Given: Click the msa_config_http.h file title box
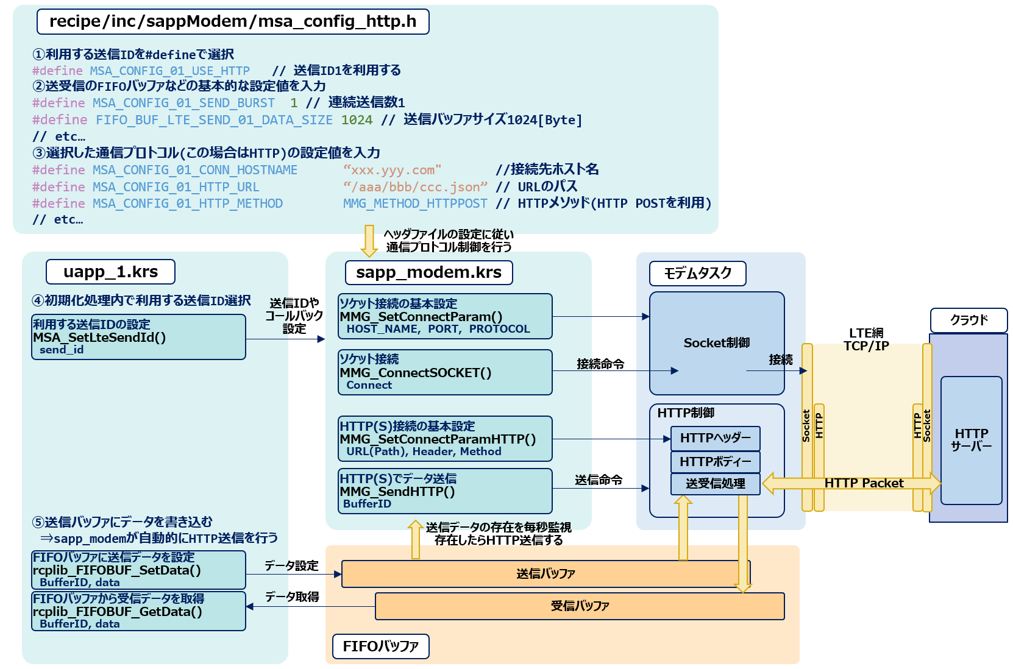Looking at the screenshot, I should (233, 21).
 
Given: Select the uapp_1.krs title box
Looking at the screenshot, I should (110, 272).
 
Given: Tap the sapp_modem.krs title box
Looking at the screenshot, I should (428, 272).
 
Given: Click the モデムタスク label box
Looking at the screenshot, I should (697, 273).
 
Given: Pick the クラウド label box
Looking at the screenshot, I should (969, 320).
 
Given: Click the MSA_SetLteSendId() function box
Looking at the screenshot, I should (138, 337).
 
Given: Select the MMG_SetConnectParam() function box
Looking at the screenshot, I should (445, 316).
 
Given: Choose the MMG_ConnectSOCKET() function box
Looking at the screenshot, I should (445, 372).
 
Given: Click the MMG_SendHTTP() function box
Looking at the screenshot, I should (445, 491).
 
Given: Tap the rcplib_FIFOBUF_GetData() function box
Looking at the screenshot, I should (138, 611).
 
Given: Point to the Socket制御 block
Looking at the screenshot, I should (716, 343).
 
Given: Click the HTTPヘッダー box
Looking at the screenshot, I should (715, 438).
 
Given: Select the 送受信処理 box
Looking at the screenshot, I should (715, 484).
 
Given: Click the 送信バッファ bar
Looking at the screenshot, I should (546, 574).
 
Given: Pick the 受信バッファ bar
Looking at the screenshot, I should (580, 606).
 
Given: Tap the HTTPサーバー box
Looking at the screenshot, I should (971, 440).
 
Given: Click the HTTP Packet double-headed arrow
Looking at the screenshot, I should (864, 483).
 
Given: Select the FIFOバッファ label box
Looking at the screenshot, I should (380, 646).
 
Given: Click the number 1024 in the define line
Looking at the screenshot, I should (357, 120).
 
